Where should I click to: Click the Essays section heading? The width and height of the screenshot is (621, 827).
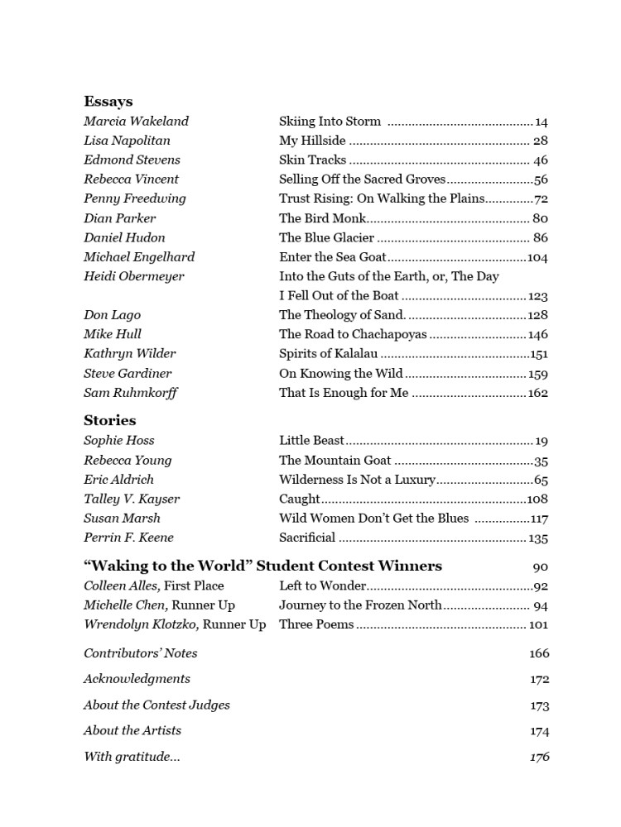pos(108,102)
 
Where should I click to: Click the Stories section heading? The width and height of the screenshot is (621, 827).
pos(110,420)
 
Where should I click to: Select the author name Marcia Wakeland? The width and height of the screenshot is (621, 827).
pos(136,122)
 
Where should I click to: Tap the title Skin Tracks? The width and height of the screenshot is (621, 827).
pos(313,160)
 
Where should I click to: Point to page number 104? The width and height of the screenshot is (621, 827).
pos(537,257)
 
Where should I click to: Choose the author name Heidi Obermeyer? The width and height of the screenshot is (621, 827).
pos(134,276)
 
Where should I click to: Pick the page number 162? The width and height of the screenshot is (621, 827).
pos(538,393)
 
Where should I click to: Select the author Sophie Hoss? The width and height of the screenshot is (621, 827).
pos(119,441)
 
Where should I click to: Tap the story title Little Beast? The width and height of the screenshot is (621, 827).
pos(311,441)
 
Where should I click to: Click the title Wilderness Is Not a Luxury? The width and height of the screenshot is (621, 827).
pos(357,480)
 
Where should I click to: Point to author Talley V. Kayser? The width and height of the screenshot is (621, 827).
pos(132,499)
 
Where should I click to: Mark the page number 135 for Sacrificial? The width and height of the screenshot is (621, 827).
pos(538,538)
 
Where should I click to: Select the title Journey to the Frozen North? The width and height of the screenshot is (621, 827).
pos(360,605)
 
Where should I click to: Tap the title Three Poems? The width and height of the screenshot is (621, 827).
pos(316,624)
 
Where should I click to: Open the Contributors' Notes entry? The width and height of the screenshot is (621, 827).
pos(141,653)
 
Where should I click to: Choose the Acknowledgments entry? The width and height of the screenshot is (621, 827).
pos(137,679)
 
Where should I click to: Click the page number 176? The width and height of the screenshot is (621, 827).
pos(539,757)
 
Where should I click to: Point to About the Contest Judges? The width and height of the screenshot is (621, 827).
pos(156,705)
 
